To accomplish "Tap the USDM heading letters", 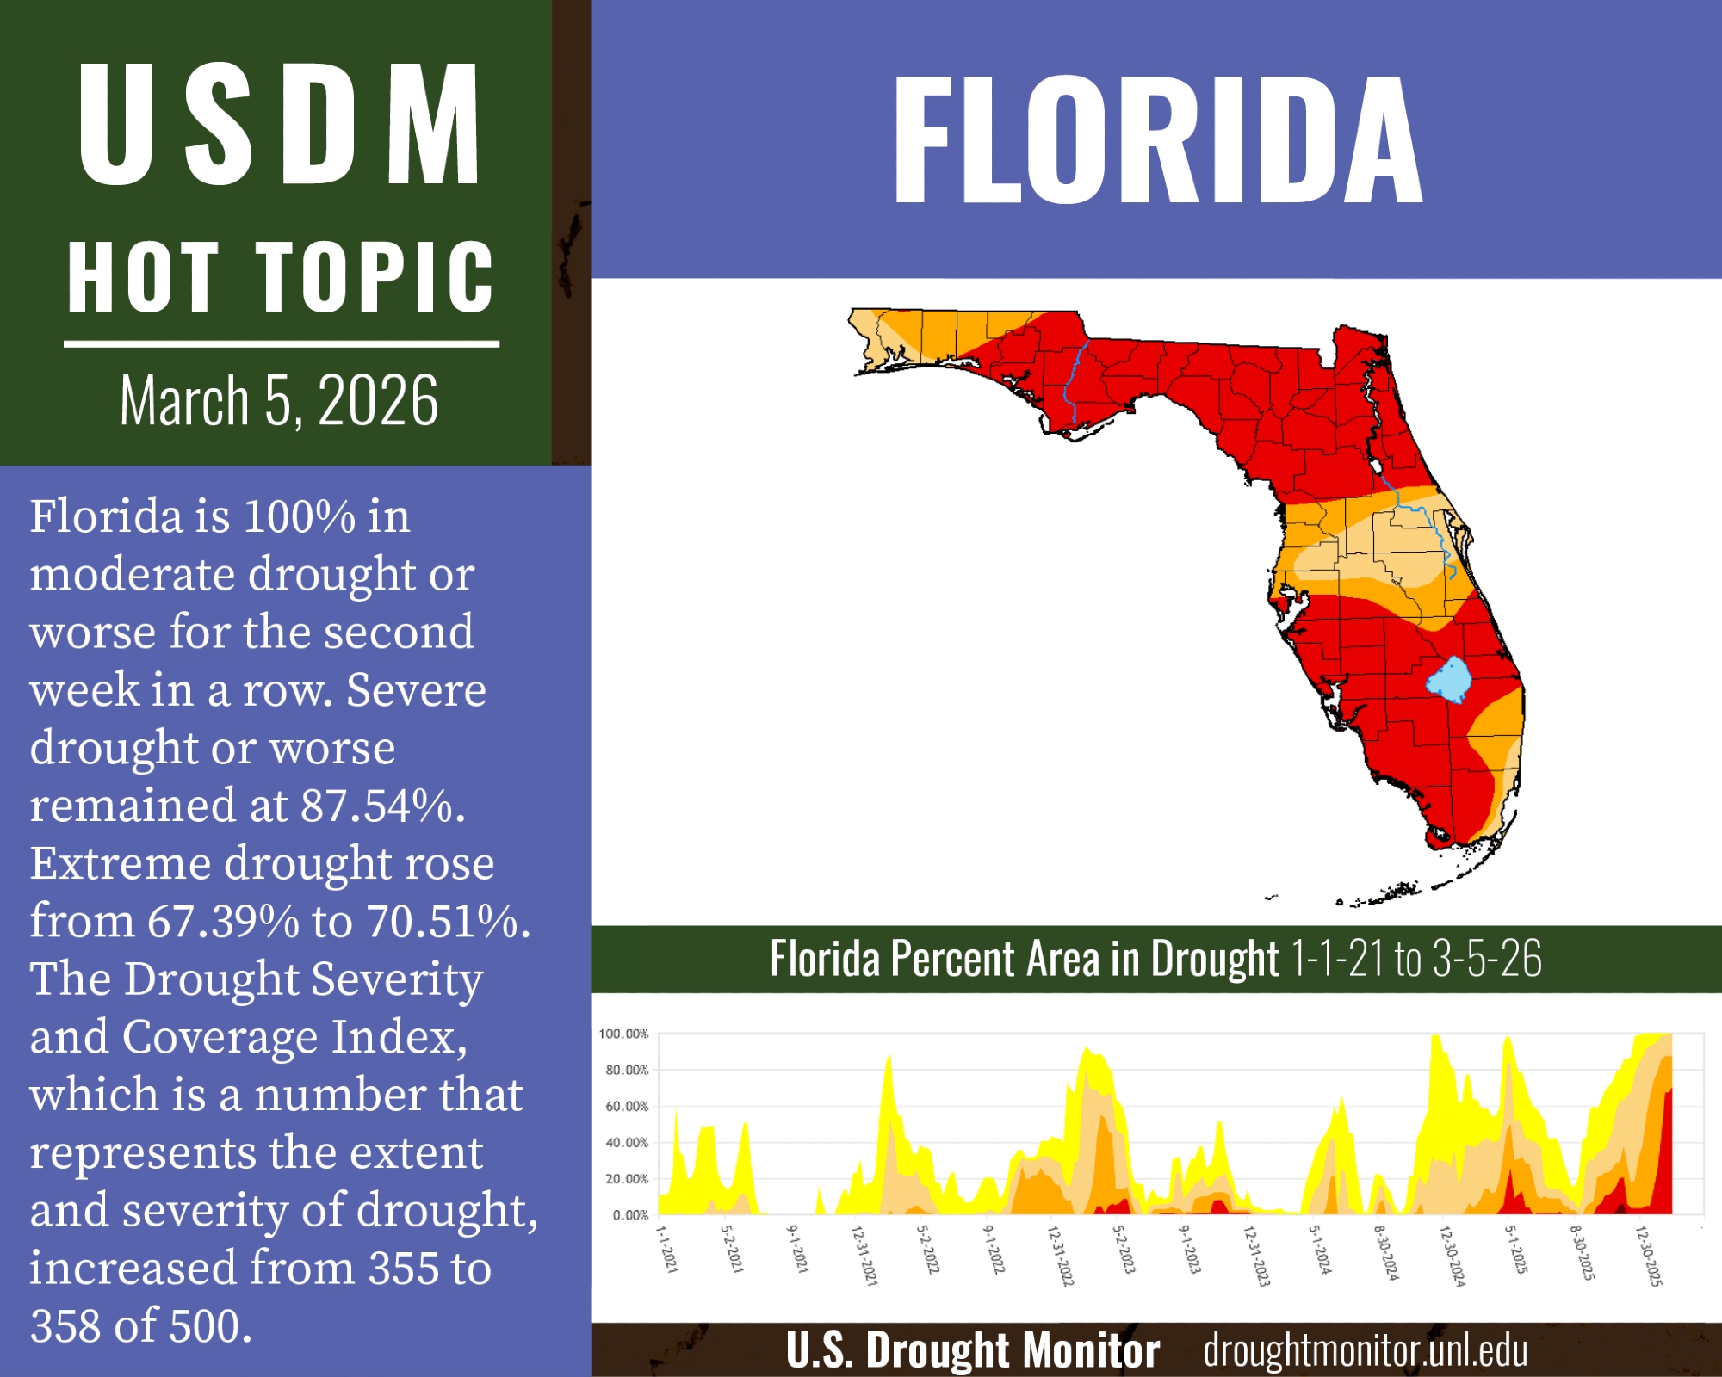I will tap(279, 125).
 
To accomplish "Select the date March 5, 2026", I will tap(279, 401).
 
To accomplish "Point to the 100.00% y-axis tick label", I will tap(623, 1034).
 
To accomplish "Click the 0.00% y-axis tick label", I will tap(630, 1215).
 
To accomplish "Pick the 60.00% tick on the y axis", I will tap(626, 1107).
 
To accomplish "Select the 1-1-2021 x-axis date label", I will tap(667, 1250).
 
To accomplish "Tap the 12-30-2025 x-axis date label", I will tap(1648, 1257).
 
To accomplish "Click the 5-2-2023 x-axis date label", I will tap(1122, 1250).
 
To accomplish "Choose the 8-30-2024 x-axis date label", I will tap(1385, 1253).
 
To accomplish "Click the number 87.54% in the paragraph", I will tap(382, 806).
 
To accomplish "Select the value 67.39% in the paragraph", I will tap(223, 922).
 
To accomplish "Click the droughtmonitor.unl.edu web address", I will tap(1366, 1351).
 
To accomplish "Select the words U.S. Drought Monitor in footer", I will tap(972, 1350).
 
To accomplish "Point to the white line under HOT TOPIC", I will tap(281, 344).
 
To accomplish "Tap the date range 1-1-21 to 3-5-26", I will tap(1416, 959).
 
